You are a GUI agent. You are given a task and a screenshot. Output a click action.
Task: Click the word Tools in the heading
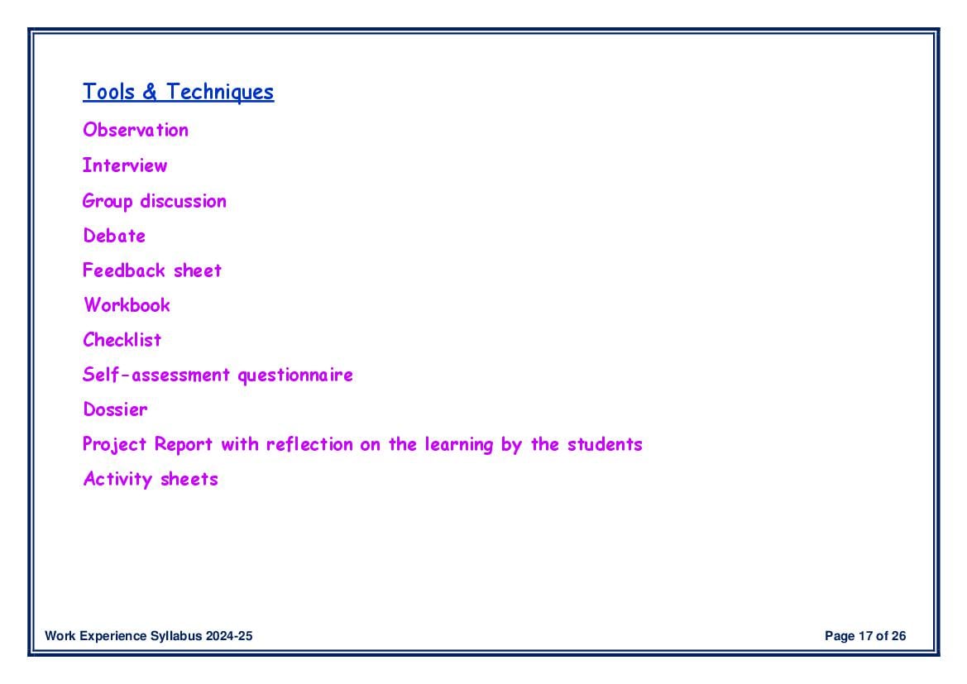click(108, 92)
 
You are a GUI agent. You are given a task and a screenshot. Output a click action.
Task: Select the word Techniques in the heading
click(220, 93)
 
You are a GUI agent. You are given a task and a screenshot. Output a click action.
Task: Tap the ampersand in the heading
click(150, 92)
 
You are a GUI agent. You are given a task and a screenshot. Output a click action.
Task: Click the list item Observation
click(136, 130)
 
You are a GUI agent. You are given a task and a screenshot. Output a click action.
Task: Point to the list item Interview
click(125, 165)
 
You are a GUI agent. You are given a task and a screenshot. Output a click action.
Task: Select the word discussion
click(183, 201)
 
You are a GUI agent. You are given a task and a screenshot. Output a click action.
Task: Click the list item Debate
click(114, 236)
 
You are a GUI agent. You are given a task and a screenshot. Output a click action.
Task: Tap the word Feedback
click(124, 270)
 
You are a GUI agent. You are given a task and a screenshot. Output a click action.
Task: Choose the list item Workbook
click(127, 304)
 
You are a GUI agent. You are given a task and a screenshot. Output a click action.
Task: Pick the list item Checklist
click(122, 340)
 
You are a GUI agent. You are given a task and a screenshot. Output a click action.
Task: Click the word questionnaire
click(295, 375)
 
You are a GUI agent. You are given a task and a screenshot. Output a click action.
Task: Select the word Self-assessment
click(156, 375)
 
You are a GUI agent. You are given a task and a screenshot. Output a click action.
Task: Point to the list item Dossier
click(115, 409)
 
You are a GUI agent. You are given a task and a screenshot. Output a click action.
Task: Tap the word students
click(605, 444)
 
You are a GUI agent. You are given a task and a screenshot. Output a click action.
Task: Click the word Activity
click(117, 479)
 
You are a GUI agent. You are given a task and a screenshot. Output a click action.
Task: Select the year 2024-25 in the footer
click(229, 636)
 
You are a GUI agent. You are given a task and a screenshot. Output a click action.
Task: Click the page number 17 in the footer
click(865, 636)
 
